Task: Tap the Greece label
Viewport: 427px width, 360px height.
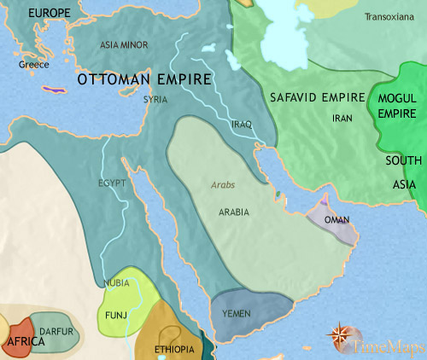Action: pos(35,65)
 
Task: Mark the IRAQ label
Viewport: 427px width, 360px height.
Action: pos(242,125)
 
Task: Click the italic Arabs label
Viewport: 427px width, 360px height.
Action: pos(222,185)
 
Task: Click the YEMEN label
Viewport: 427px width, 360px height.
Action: pos(236,314)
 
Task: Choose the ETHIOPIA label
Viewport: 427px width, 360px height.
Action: pos(174,350)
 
